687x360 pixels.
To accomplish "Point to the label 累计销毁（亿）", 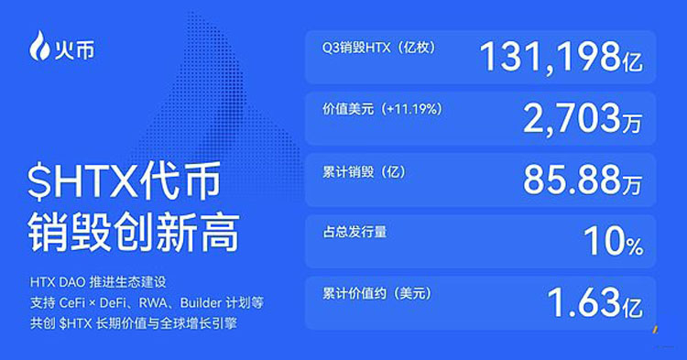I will pyautogui.click(x=357, y=171).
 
